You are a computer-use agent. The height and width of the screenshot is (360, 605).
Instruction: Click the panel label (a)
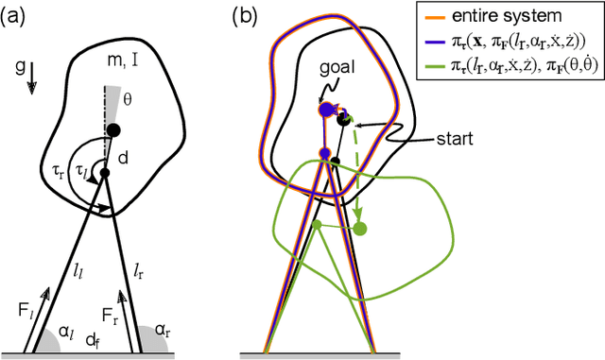pos(17,15)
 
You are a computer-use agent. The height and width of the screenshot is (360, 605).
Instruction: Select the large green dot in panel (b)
pos(360,228)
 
